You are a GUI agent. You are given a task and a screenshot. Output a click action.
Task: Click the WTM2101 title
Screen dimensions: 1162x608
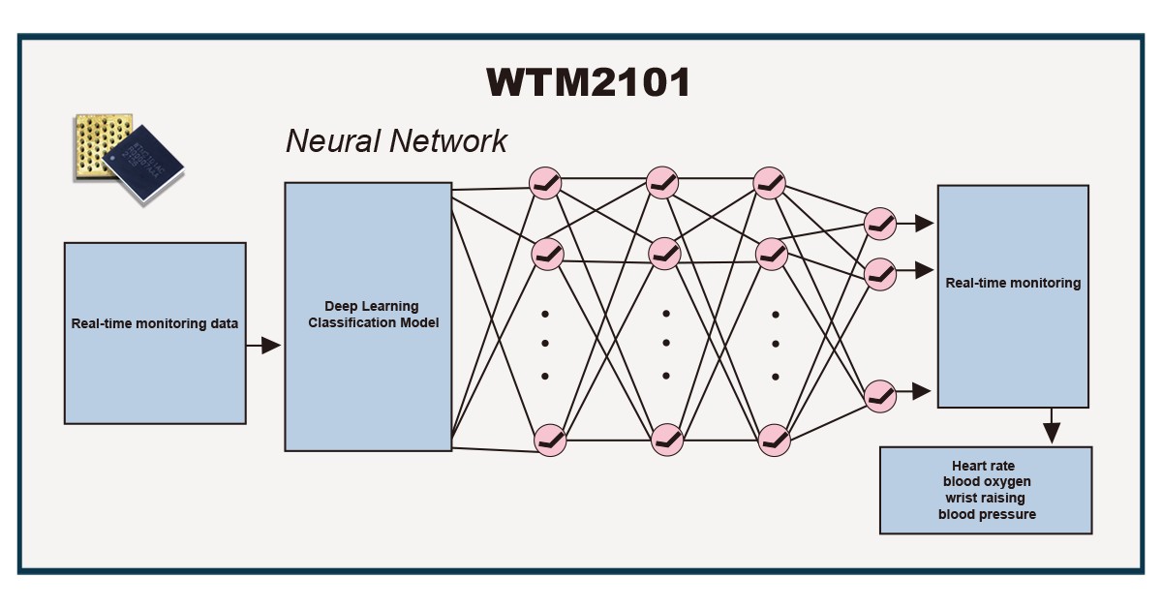click(x=589, y=82)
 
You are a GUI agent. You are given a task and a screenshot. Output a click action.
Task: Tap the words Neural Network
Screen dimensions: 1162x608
click(x=396, y=140)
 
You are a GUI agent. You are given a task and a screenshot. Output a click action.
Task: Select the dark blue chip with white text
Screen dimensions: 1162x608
click(x=143, y=163)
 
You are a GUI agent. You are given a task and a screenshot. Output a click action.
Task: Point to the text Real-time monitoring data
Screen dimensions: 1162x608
click(x=155, y=323)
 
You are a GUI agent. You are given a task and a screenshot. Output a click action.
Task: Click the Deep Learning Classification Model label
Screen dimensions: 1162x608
click(x=373, y=315)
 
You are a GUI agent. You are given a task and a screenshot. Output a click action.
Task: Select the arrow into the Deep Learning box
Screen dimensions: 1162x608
click(x=263, y=345)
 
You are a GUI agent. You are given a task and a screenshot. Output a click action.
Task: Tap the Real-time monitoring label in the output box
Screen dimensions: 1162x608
click(x=1013, y=283)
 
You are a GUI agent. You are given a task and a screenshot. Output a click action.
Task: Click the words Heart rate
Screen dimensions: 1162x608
click(x=983, y=466)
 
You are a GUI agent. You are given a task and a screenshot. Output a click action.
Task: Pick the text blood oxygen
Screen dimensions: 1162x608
click(x=987, y=481)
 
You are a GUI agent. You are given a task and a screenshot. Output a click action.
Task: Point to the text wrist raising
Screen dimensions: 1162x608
click(x=985, y=498)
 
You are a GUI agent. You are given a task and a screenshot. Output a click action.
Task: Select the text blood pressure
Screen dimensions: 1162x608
click(x=987, y=514)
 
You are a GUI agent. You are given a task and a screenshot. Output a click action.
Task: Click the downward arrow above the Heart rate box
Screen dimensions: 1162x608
click(x=1052, y=425)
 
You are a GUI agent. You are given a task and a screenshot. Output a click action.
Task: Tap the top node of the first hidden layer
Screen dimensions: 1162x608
click(x=545, y=183)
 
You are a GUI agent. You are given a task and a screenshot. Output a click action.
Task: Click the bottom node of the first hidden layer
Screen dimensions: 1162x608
click(x=550, y=441)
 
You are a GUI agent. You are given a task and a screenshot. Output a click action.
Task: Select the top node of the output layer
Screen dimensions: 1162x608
click(x=880, y=224)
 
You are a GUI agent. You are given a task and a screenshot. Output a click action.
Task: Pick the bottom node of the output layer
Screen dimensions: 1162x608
click(x=880, y=396)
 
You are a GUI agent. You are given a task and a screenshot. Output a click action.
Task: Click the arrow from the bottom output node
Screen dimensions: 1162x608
click(x=913, y=391)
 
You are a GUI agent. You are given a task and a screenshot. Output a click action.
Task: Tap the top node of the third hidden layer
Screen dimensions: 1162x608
click(x=769, y=183)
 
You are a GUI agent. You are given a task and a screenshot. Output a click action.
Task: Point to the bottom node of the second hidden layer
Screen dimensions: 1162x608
click(x=667, y=440)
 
